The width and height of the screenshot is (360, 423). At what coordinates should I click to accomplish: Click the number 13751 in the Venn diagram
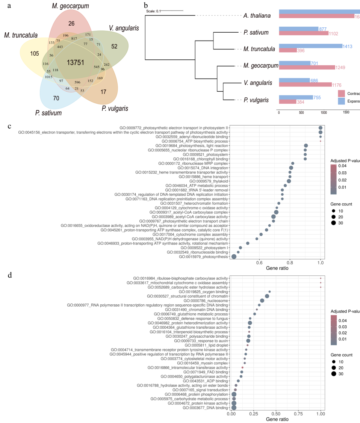[76, 63]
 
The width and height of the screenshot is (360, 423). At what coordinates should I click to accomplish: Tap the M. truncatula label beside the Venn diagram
[21, 35]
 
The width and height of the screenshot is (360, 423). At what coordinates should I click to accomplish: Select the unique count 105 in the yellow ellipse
[35, 54]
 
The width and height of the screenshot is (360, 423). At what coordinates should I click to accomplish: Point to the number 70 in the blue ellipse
[56, 98]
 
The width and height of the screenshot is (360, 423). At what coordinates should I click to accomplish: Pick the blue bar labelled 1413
[311, 46]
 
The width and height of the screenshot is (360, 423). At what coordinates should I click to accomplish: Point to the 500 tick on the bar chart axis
[301, 112]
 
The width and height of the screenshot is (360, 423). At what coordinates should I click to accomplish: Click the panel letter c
[9, 125]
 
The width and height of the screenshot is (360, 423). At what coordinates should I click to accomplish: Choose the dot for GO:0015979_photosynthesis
[234, 257]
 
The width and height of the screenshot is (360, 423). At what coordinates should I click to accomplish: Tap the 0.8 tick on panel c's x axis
[290, 263]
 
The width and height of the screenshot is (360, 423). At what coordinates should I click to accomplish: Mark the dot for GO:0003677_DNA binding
[234, 408]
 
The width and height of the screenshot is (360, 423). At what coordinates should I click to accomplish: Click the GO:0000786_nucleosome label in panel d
[206, 301]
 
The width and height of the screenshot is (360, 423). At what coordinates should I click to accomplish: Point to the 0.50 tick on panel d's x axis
[276, 414]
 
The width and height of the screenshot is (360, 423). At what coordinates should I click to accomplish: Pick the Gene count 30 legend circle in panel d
[334, 374]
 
